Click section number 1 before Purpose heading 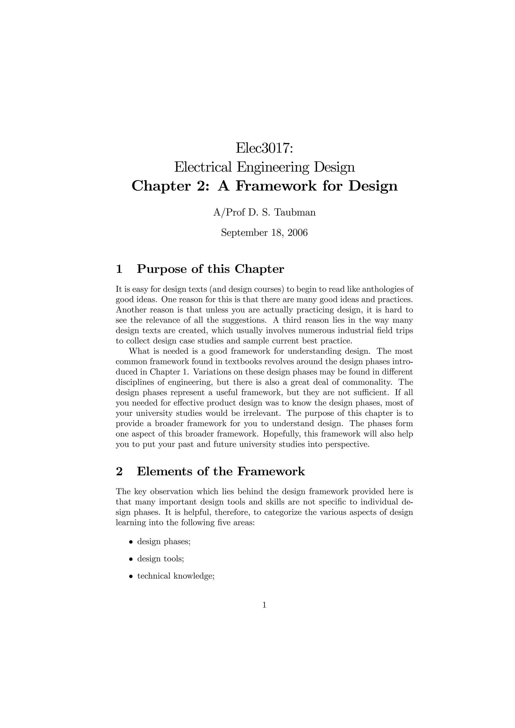point(119,269)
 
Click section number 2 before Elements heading point(119,471)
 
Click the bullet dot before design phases point(131,542)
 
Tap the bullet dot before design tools point(131,559)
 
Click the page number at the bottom point(264,605)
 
